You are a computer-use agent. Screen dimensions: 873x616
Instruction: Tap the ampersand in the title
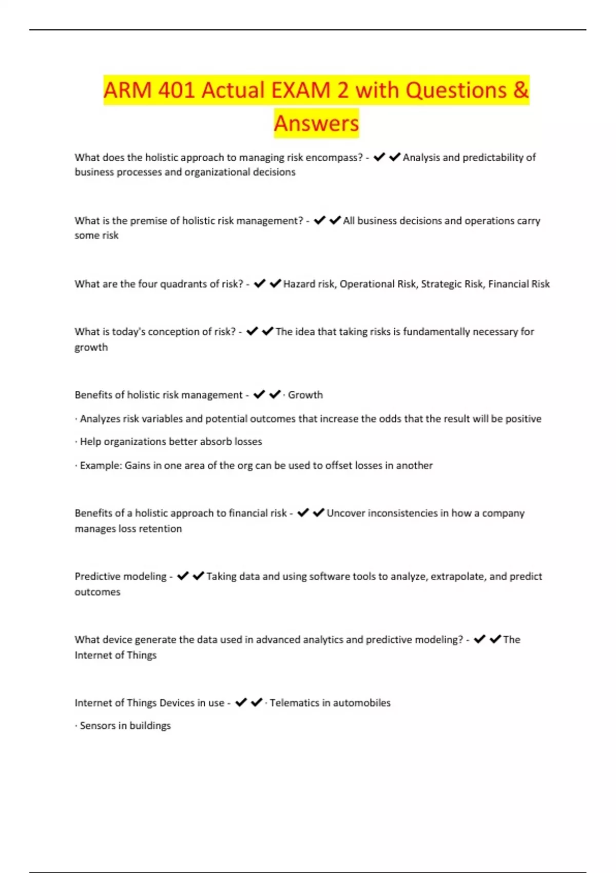tap(521, 90)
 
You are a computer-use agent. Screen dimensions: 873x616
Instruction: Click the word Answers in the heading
tap(316, 123)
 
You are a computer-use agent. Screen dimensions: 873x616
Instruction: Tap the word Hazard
tap(299, 284)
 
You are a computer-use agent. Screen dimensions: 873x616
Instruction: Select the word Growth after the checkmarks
tap(305, 395)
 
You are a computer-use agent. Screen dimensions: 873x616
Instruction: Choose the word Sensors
tap(97, 726)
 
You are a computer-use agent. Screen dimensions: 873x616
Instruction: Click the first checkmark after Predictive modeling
tap(183, 576)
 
